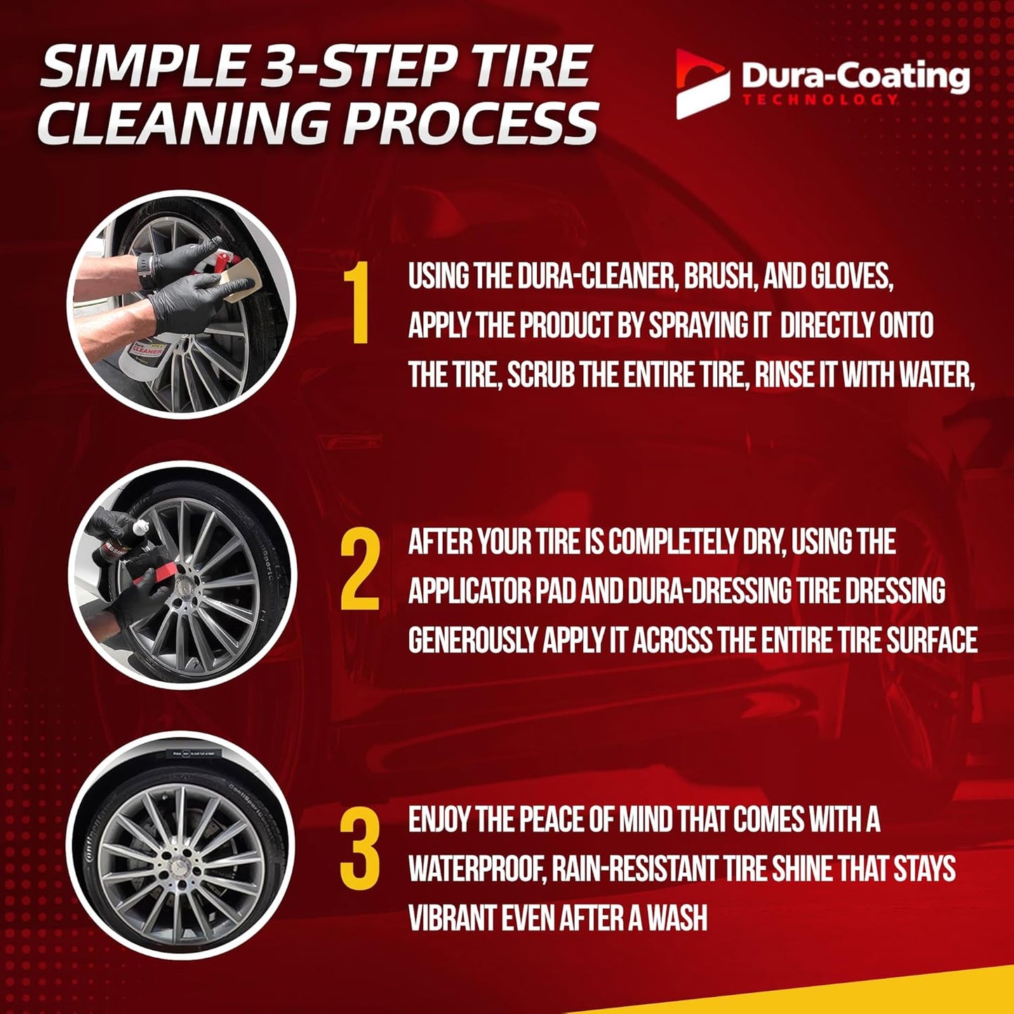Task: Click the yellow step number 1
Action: pyautogui.click(x=360, y=305)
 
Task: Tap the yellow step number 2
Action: pyautogui.click(x=360, y=569)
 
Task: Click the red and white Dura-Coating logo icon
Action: pyautogui.click(x=702, y=84)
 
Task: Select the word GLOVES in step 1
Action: pyautogui.click(x=852, y=277)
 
